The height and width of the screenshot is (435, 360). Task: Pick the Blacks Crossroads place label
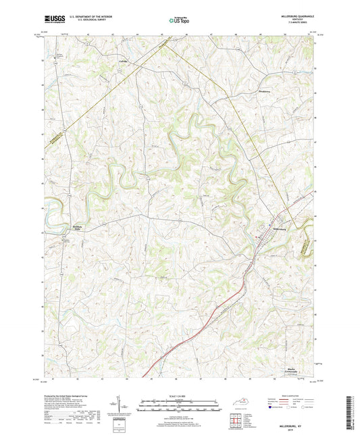tap(288, 370)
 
